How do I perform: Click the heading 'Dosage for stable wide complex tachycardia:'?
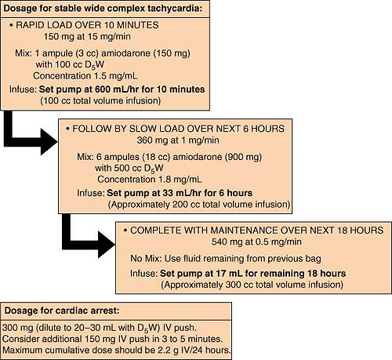[103, 8]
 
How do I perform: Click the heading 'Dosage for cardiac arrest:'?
[62, 311]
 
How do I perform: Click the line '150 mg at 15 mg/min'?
[87, 36]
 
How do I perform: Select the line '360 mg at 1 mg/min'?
[178, 140]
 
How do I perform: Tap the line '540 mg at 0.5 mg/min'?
[256, 242]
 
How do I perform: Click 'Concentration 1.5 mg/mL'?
[85, 76]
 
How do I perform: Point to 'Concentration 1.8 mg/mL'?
[150, 180]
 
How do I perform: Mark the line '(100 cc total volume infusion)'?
[100, 101]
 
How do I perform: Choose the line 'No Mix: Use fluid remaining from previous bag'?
[226, 259]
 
